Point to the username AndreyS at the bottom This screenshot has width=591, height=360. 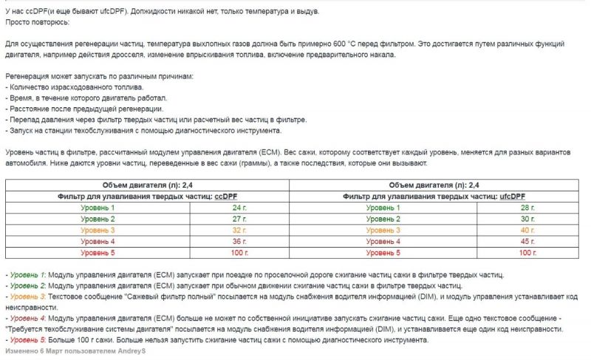click(132, 350)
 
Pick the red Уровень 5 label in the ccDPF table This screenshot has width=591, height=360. click(98, 252)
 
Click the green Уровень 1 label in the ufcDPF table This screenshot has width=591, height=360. click(383, 208)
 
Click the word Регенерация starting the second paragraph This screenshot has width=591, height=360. click(27, 76)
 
